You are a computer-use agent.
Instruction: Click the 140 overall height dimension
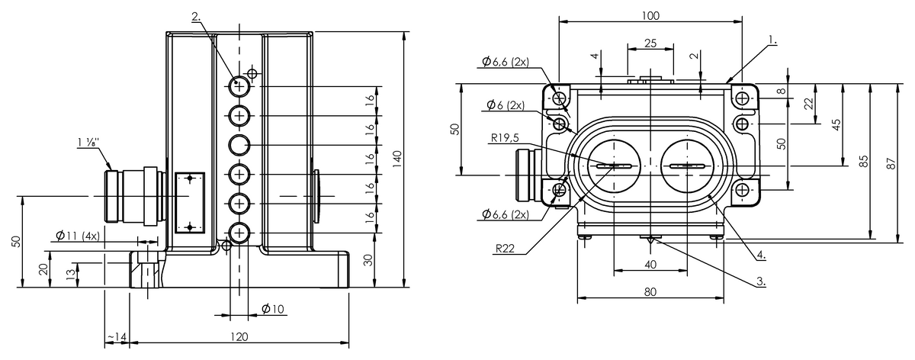click(397, 159)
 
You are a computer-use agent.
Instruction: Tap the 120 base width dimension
click(239, 336)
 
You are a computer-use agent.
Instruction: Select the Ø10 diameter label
click(272, 309)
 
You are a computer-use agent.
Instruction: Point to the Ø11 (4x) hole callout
click(77, 236)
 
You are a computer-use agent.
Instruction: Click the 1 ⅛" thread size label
click(88, 143)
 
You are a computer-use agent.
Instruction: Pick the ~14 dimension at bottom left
click(117, 336)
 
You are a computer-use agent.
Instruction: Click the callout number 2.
click(197, 17)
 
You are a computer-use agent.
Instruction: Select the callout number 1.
click(772, 40)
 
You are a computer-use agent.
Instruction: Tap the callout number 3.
click(761, 281)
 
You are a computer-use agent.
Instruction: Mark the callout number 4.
click(761, 255)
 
